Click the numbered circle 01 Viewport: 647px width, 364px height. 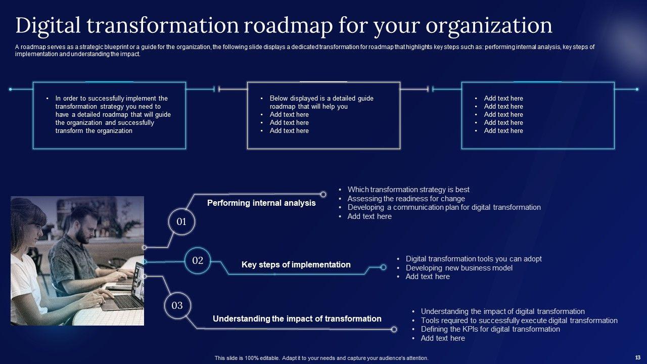click(x=181, y=221)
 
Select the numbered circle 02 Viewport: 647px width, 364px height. click(x=198, y=261)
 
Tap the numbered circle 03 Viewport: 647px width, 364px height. click(x=177, y=305)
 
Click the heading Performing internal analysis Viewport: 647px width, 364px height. click(x=261, y=203)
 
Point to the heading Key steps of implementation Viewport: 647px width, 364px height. click(x=296, y=265)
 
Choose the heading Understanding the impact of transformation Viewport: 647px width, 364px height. click(x=297, y=319)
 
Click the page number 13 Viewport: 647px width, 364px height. click(x=637, y=357)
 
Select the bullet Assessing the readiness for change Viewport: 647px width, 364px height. click(x=406, y=199)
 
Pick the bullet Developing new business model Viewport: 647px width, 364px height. click(x=459, y=268)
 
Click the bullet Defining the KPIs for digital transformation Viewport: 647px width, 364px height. click(x=490, y=329)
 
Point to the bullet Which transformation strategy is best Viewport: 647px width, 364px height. click(x=408, y=190)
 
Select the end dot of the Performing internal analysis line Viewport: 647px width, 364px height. click(x=323, y=194)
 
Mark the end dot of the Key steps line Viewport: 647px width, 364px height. click(x=384, y=267)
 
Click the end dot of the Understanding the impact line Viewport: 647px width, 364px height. click(x=394, y=330)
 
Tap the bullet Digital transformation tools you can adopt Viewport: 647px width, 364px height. click(x=474, y=259)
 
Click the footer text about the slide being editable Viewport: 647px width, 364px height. click(x=321, y=358)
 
